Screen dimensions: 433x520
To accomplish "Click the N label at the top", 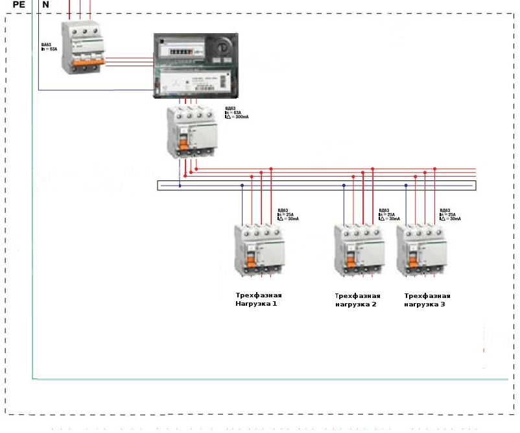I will [x=45, y=5].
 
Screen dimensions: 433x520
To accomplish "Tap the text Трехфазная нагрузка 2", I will [x=356, y=299].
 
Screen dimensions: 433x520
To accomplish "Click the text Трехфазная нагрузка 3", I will [x=426, y=299].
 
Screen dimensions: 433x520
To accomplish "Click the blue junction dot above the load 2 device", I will [x=343, y=186].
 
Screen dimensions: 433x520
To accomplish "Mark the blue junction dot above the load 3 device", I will [x=406, y=186].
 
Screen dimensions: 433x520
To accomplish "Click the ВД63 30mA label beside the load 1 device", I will [x=287, y=214].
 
